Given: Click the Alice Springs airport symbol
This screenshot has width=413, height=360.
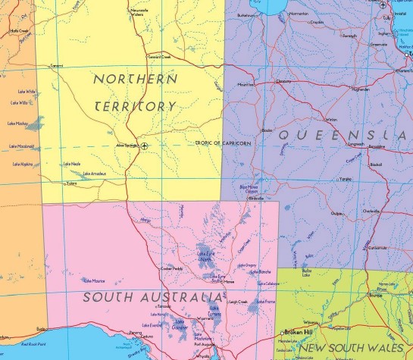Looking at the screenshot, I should (145, 145).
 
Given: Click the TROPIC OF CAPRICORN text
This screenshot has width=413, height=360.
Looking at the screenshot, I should (224, 142).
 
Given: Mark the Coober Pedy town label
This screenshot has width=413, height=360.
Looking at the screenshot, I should (172, 268).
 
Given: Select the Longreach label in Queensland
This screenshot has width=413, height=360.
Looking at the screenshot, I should (355, 143).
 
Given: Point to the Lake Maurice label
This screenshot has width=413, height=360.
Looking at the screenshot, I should (94, 280).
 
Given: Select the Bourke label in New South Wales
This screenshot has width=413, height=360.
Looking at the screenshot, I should (374, 296).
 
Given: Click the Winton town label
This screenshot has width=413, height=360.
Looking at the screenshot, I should (331, 119).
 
